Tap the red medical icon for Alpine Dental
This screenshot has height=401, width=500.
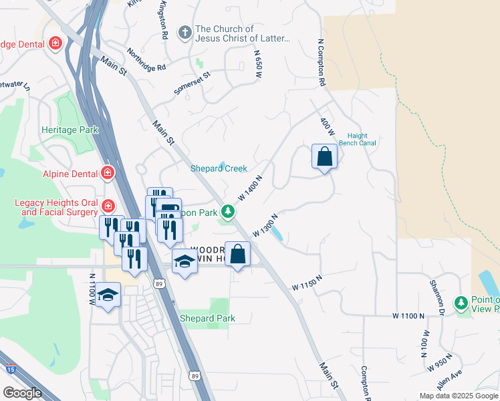tap(108, 174)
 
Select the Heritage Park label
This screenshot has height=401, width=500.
tap(70, 130)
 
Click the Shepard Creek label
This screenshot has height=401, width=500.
tap(219, 168)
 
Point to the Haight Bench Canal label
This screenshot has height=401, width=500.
tap(358, 138)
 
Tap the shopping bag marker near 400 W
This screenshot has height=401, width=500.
tap(324, 157)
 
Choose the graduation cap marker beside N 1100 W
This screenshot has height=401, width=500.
tap(108, 295)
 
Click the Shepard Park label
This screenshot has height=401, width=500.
tap(207, 318)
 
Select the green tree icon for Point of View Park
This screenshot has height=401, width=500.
tap(461, 303)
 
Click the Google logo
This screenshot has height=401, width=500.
tap(22, 393)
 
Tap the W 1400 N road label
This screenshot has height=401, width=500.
tap(249, 188)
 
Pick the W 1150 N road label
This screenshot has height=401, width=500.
tap(307, 283)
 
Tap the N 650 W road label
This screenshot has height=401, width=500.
tap(256, 65)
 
